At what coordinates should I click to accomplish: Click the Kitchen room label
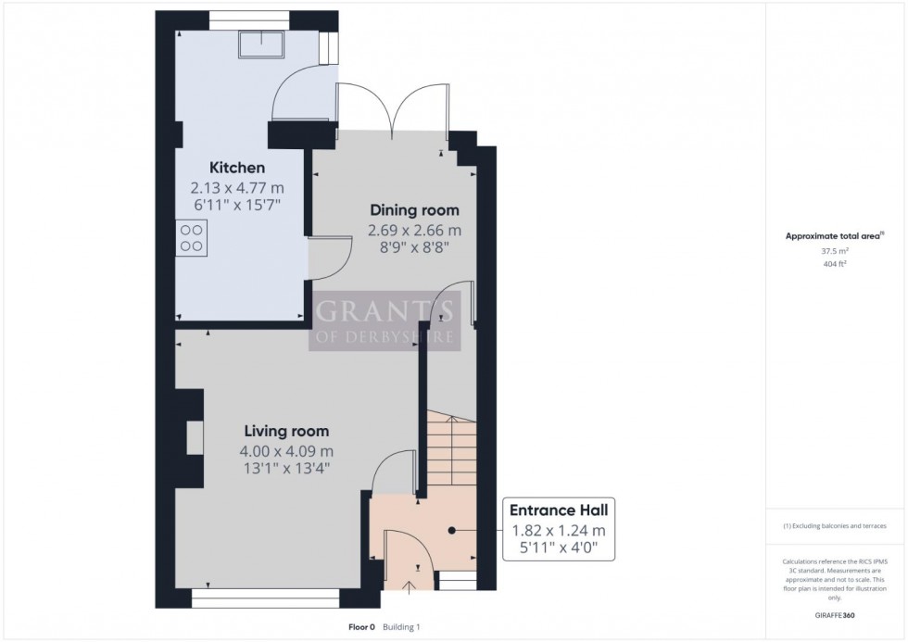237,168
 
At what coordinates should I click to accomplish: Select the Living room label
286,431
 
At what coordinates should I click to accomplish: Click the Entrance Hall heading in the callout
558,510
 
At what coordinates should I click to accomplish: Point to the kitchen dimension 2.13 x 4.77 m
237,187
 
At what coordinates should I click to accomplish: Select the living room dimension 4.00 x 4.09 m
286,451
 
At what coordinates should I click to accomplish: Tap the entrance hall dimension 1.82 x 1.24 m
558,531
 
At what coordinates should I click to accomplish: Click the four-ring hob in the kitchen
192,237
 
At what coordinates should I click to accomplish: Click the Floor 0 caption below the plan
360,627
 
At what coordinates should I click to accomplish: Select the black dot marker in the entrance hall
452,531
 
